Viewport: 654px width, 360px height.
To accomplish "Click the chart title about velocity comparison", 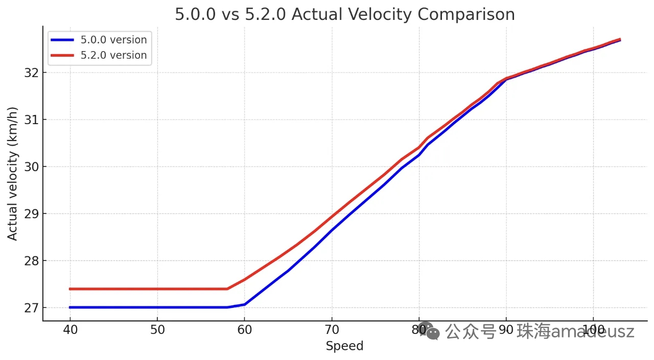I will (x=345, y=14).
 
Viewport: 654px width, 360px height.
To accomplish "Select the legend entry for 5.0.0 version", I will (x=113, y=40).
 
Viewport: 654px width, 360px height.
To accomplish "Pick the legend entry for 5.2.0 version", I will (x=113, y=55).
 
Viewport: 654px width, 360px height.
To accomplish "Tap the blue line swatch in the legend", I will (x=62, y=40).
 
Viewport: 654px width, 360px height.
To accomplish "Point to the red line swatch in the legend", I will (x=62, y=55).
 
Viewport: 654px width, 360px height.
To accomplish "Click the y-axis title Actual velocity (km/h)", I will (x=12, y=174).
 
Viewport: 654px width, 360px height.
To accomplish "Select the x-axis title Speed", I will (x=344, y=346).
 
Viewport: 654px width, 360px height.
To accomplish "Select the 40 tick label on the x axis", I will (x=70, y=329).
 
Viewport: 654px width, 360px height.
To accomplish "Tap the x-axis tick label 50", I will (x=157, y=329).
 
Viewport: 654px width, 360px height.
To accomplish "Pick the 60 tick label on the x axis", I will (x=245, y=329).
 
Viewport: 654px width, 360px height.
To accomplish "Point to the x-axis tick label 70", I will (x=332, y=329).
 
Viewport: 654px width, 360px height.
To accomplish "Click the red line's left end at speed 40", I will (x=71, y=289).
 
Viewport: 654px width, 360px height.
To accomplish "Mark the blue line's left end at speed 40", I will (x=71, y=307).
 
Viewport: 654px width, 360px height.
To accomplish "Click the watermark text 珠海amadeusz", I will (x=575, y=332).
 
